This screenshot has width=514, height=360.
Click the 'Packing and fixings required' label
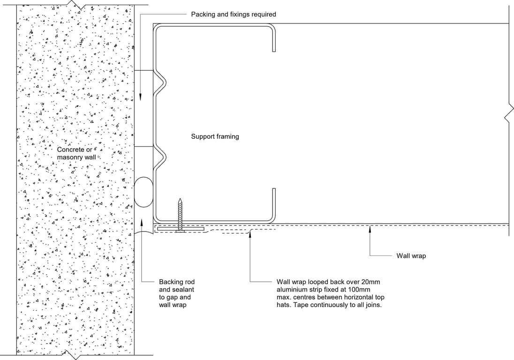[x=233, y=15]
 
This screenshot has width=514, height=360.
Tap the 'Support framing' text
[x=215, y=137]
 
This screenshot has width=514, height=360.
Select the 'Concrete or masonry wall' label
[x=76, y=153]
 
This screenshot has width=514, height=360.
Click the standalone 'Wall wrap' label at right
[x=411, y=256]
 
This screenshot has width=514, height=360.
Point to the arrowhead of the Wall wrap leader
[x=370, y=228]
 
